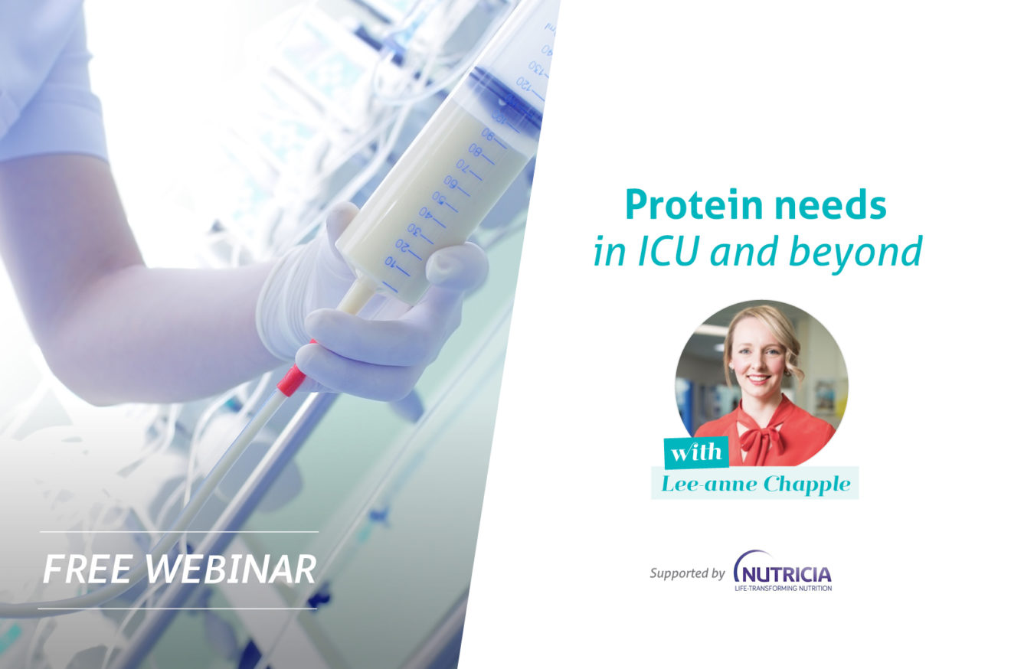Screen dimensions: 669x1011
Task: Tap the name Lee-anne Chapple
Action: point(754,484)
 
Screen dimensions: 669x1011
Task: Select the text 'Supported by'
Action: point(687,573)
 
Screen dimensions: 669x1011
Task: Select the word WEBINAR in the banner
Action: point(230,569)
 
